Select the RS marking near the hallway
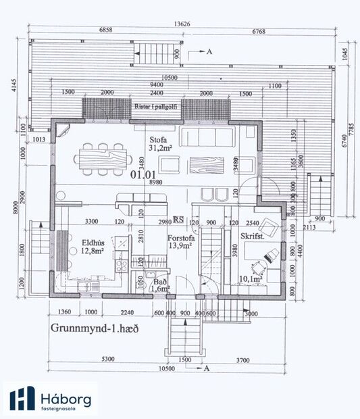tap(179, 220)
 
